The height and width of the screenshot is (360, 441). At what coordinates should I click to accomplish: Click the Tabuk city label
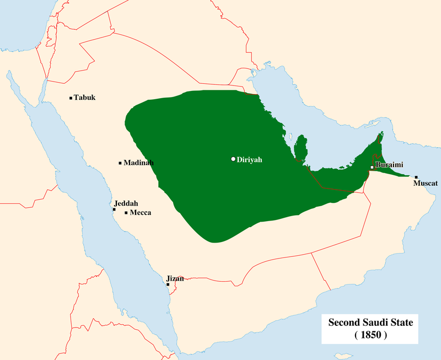[85, 98]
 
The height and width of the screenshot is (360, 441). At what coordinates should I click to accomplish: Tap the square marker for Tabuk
[71, 98]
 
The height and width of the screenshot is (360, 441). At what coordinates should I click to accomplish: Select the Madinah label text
[138, 163]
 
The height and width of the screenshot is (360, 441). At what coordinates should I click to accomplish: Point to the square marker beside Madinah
[120, 163]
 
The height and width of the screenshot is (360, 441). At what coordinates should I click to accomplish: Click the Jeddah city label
[126, 203]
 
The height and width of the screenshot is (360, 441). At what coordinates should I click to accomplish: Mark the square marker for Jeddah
[114, 209]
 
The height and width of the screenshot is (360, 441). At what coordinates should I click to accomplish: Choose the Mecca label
[141, 212]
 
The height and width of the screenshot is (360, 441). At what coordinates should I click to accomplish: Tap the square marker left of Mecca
[126, 212]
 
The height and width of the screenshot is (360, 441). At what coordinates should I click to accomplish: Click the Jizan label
[175, 278]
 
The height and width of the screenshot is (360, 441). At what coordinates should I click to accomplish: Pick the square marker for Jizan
[168, 284]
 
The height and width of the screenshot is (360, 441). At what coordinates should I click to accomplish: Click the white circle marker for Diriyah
[233, 159]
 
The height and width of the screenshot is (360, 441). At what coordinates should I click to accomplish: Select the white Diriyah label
[249, 159]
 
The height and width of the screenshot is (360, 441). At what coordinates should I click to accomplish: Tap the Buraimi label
[389, 165]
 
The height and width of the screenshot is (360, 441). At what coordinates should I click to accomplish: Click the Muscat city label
[426, 182]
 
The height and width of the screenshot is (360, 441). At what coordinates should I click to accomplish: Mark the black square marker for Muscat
[416, 177]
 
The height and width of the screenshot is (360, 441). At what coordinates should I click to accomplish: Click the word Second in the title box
[346, 321]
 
